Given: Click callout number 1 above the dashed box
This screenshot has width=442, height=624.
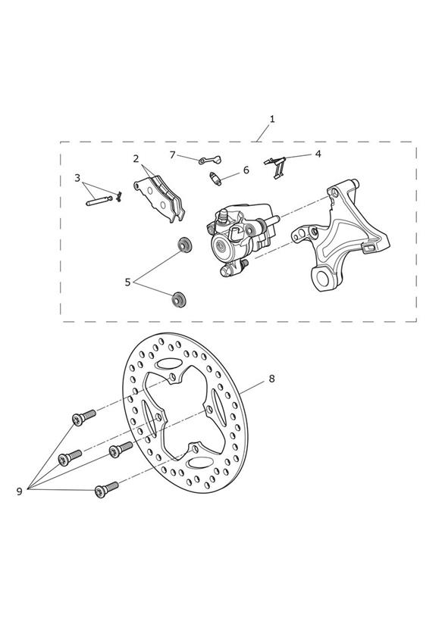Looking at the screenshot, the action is [272, 119].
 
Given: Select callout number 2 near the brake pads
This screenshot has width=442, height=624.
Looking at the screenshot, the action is [136, 159].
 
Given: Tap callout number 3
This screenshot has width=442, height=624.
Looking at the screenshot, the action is [77, 178].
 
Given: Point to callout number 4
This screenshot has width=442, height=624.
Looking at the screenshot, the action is [318, 154].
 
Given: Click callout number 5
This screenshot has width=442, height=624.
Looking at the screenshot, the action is [127, 282].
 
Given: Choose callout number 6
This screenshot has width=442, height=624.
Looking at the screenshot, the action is [246, 170].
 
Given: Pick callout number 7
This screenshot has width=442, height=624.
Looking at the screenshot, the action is [173, 154].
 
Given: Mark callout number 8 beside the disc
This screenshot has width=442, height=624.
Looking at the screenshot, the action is [272, 379].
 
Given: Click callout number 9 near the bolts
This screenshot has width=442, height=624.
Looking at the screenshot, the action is [19, 491].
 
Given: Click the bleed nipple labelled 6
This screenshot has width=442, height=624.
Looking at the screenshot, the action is [216, 177].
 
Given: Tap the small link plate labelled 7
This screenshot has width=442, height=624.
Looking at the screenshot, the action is [210, 160].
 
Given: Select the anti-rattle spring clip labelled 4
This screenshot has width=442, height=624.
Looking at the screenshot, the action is [276, 167].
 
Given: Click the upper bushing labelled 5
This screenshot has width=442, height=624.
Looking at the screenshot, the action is [184, 244].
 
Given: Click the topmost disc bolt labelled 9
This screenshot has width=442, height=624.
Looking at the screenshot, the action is [83, 417].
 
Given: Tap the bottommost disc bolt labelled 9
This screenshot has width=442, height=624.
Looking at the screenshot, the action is [107, 489].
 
